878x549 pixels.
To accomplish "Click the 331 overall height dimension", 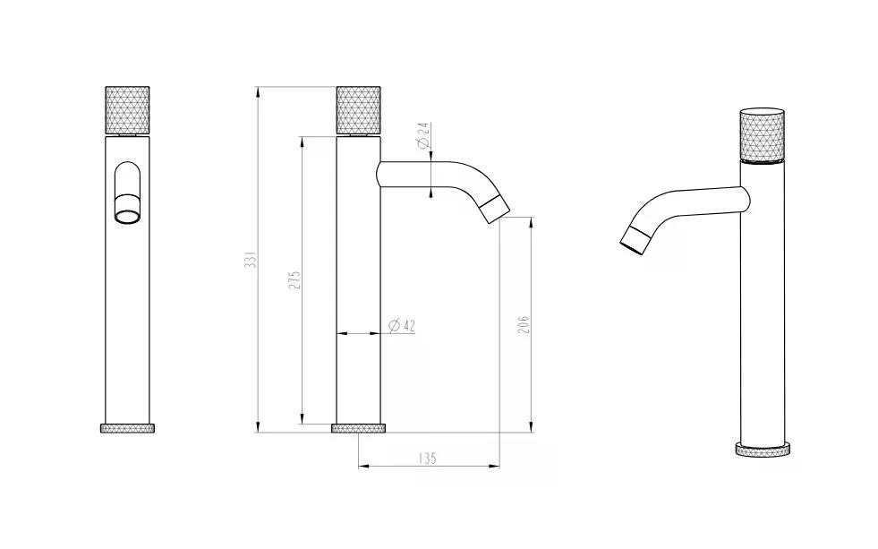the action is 251,260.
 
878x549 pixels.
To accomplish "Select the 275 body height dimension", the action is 295,280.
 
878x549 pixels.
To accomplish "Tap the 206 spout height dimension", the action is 523,325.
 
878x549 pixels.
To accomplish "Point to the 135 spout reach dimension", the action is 427,459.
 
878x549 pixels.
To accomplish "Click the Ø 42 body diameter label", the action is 402,325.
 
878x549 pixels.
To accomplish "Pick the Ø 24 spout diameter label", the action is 424,135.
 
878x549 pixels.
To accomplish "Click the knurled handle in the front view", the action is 128,110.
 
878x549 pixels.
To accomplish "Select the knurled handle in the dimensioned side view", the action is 358,110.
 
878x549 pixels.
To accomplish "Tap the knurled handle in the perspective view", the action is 762,134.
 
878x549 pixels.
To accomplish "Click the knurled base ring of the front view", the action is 128,428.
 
